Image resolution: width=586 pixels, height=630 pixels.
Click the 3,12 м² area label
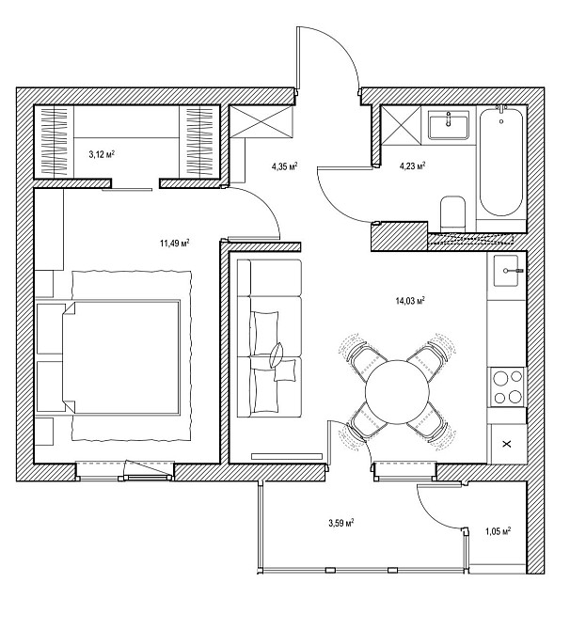102,154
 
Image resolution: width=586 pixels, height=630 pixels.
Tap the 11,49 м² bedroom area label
174,244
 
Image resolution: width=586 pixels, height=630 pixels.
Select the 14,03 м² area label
410,301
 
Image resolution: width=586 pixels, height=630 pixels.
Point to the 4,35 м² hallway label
285,166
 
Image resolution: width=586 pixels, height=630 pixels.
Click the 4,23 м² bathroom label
412,165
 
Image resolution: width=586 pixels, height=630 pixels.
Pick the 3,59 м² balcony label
341,523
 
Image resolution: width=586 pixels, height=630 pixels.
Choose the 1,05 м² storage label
498,531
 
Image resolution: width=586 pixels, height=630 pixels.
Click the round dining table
398,392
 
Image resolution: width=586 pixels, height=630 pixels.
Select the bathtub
501,162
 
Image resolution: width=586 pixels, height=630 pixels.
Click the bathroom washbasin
448,125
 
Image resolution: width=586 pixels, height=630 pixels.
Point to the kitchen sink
506,271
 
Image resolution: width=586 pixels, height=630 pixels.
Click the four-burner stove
507,386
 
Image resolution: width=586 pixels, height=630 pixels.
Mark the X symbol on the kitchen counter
507,444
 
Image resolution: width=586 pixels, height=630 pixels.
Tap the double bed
120,357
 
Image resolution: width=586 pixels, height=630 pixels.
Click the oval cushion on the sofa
277,354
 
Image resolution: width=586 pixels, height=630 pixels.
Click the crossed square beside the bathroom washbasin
401,125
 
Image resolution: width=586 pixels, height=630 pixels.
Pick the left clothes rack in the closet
54,141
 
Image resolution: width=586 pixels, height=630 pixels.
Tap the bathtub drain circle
501,121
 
